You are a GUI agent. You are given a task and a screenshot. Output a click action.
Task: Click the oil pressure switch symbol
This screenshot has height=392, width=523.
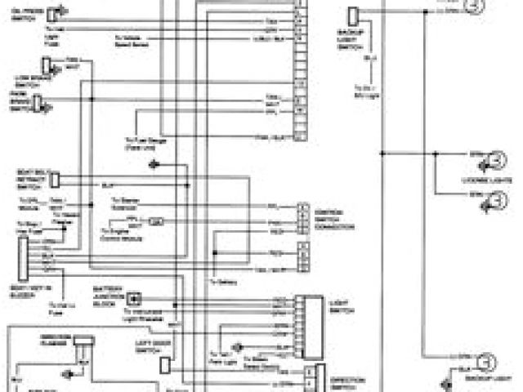pyautogui.click(x=52, y=14)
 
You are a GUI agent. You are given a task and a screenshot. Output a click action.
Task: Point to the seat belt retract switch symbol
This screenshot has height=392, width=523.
pyautogui.click(x=55, y=180)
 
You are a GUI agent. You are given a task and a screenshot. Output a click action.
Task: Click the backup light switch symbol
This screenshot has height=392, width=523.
pyautogui.click(x=353, y=16)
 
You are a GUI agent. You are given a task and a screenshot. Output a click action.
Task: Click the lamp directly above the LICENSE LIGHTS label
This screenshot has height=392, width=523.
pyautogui.click(x=494, y=159)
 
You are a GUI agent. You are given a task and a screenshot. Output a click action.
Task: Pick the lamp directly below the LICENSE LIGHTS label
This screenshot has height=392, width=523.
pyautogui.click(x=494, y=201)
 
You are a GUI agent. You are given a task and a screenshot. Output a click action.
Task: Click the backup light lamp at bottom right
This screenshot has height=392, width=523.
pyautogui.click(x=481, y=363)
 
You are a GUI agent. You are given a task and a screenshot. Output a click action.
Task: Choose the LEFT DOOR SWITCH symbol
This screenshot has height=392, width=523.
pyautogui.click(x=166, y=365)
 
